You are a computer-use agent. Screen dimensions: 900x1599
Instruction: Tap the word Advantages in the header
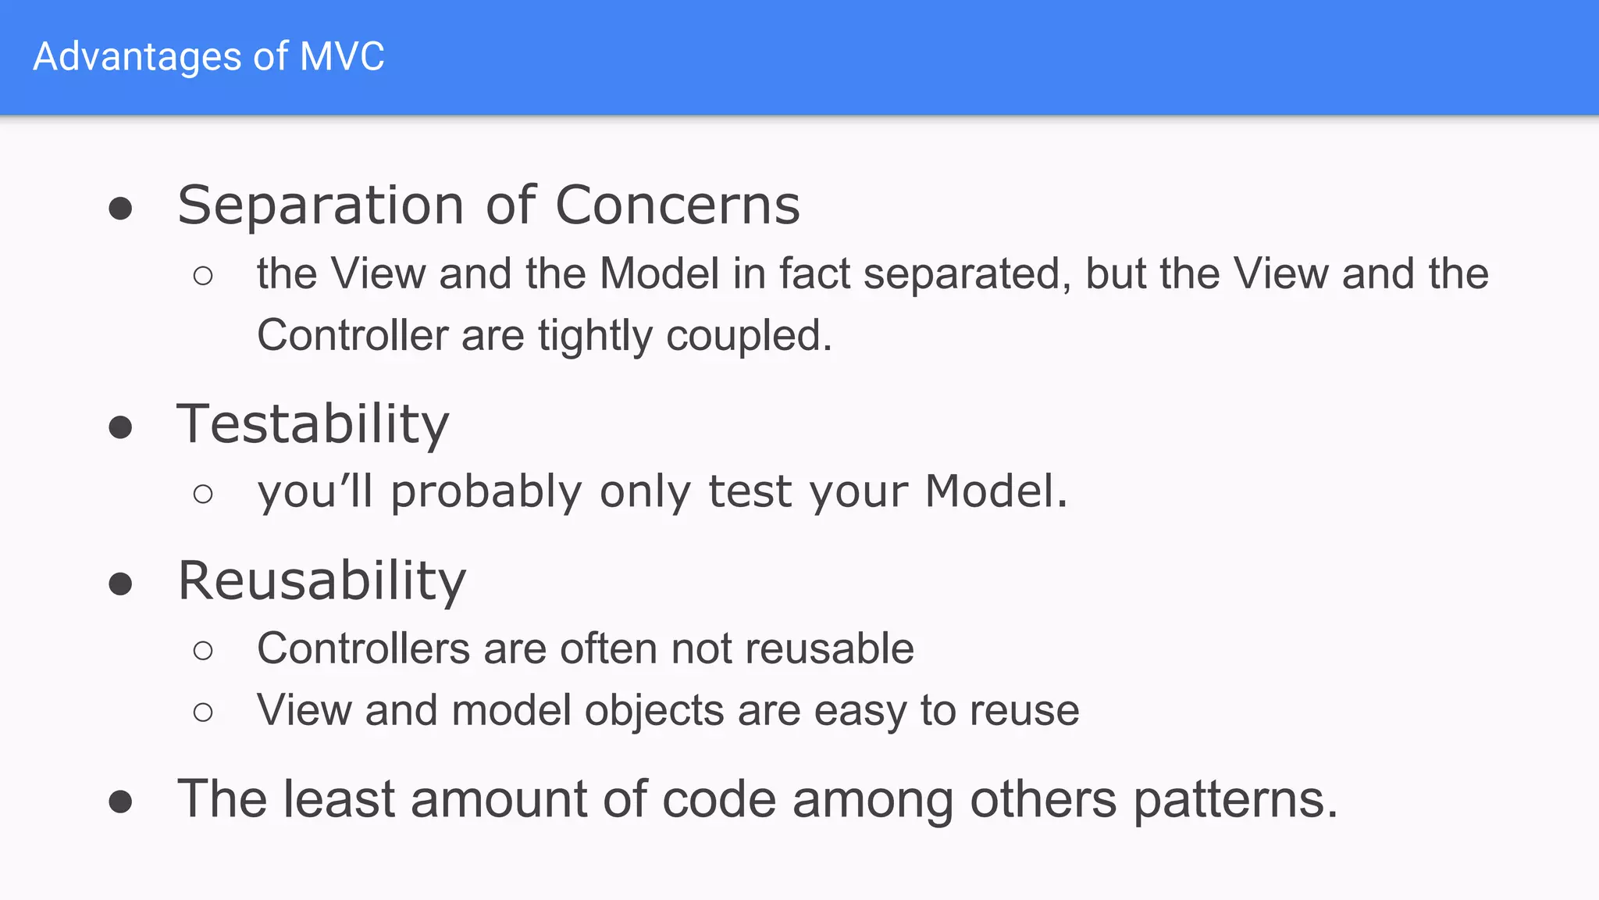[x=137, y=56]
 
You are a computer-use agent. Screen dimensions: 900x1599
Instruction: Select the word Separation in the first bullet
[x=321, y=205]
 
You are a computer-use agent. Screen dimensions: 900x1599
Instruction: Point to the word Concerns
[x=678, y=205]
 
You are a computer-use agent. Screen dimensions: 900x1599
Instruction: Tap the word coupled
[x=749, y=337]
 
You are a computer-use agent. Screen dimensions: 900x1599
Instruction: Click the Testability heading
[x=313, y=424]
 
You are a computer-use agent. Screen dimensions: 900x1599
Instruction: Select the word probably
[x=486, y=493]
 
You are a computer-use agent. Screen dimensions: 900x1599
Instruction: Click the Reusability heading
[x=322, y=581]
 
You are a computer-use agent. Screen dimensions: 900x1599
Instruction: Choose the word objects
[x=654, y=711]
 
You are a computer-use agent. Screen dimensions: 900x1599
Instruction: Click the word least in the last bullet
[x=339, y=799]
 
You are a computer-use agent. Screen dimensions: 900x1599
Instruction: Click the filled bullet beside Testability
[x=120, y=427]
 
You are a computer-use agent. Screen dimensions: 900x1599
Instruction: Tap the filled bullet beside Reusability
[x=120, y=584]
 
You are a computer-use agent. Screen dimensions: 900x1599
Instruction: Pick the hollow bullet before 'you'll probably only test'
[x=203, y=494]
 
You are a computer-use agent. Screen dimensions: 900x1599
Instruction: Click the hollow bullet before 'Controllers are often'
[x=203, y=650]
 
